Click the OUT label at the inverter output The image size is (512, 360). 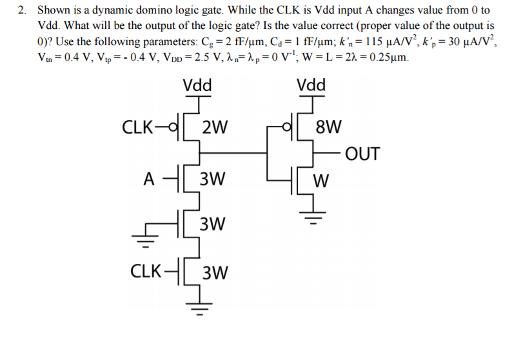tap(362, 154)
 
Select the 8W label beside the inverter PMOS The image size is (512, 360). tap(330, 125)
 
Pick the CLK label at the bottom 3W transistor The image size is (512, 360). tap(145, 272)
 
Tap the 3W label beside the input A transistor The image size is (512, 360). tap(213, 178)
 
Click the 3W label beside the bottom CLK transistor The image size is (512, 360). tap(215, 274)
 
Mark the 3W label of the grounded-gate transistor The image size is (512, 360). tap(213, 225)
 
